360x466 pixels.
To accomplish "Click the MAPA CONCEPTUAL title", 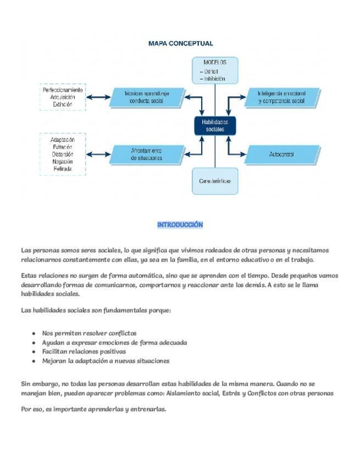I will click(181, 43).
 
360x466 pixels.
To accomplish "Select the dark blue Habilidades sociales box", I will click(214, 125).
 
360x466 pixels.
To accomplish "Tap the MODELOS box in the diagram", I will click(215, 71).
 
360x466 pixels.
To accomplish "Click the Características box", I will click(215, 181).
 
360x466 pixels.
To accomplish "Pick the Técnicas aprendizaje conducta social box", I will click(146, 97).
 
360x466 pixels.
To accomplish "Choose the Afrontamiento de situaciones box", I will click(146, 154).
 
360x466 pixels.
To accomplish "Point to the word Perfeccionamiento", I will click(63, 90).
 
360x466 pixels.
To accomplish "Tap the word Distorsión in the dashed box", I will click(63, 154).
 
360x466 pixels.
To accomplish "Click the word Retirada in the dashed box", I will click(63, 169).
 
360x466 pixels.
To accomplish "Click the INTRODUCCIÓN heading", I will click(180, 225).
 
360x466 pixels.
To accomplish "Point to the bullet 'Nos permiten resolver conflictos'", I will click(89, 333).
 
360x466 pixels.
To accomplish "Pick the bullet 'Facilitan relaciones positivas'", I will click(84, 351).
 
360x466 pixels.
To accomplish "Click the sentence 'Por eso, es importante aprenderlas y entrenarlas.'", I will click(93, 409).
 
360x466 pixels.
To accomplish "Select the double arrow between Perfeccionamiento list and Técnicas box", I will click(99, 97).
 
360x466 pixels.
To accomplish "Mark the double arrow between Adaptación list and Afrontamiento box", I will click(99, 154).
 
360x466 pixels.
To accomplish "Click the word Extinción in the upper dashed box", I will click(63, 104).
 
